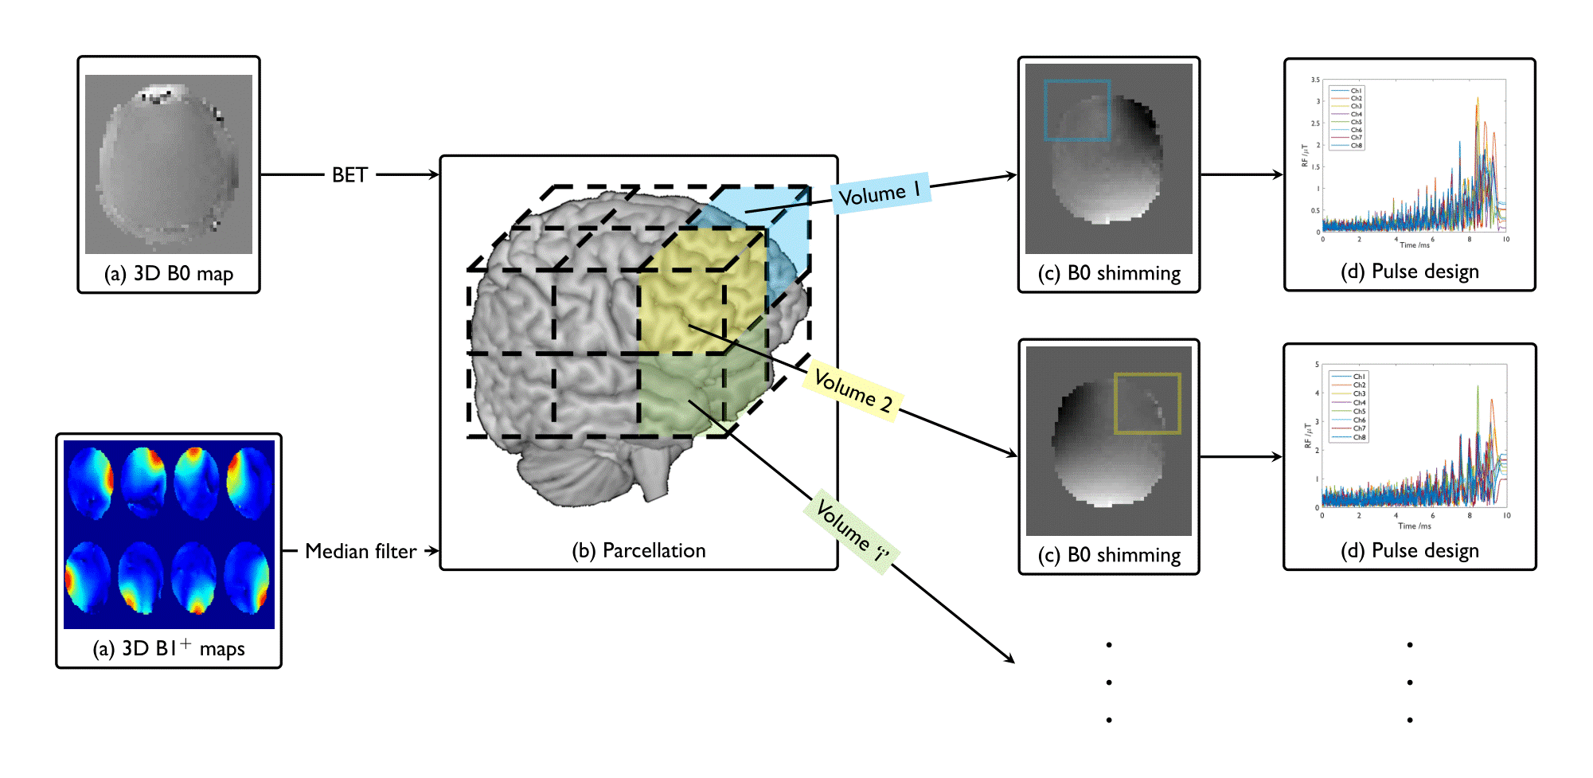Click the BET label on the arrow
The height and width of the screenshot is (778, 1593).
pos(349,175)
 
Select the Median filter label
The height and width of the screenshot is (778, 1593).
pos(361,551)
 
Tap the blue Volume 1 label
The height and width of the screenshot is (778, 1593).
pos(880,194)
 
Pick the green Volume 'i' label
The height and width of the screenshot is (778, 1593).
pos(852,530)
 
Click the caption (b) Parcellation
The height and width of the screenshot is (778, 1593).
pos(638,550)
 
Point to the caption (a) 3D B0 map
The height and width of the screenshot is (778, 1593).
pos(169,274)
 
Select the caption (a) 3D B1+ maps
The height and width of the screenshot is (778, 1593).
pos(169,648)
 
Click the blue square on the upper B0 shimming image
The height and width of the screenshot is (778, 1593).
pos(1077,110)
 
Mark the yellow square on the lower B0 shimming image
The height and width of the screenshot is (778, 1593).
pos(1147,403)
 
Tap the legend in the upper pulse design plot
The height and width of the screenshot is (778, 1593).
pos(1347,118)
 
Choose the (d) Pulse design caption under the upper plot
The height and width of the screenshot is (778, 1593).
pos(1409,272)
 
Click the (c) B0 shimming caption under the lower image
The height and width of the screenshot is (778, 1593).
pos(1109,555)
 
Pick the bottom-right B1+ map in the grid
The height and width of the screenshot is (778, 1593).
pos(248,577)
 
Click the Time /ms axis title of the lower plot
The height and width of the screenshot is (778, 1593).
pos(1414,526)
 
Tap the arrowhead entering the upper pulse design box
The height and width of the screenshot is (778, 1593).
pos(1279,174)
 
